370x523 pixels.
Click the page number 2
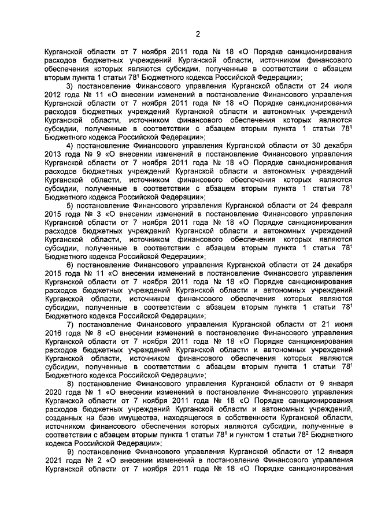coord(197,32)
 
